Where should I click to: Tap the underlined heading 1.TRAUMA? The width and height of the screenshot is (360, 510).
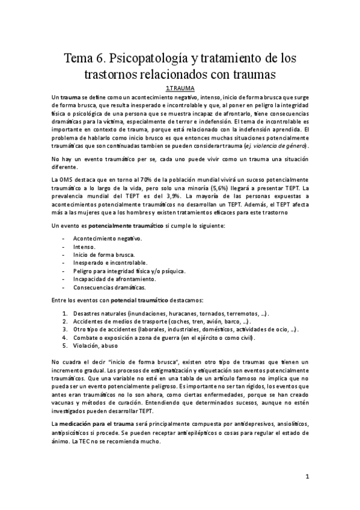(x=180, y=88)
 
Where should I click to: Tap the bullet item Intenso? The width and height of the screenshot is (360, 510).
(x=84, y=247)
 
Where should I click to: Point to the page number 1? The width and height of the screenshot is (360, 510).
(x=307, y=477)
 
